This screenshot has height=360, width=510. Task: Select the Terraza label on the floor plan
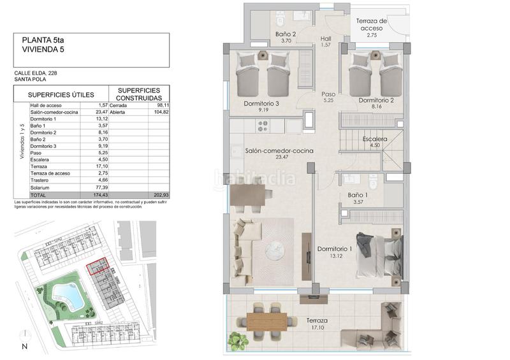317,320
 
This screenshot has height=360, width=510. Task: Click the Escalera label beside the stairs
374,139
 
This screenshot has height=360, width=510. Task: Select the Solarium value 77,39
98,187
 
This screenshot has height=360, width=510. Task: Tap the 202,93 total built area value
159,194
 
